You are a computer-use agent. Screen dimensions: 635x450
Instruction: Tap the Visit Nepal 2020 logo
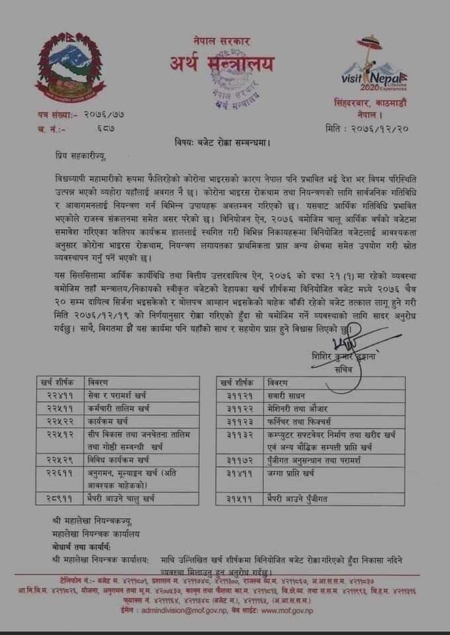point(372,65)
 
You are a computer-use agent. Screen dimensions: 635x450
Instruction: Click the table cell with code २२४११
point(60,395)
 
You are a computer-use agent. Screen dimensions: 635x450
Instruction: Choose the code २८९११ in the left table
point(60,497)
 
